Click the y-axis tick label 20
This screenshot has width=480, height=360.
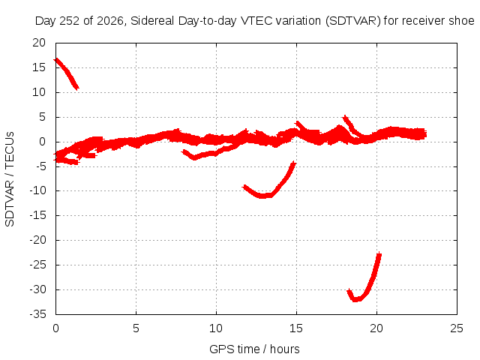pyautogui.click(x=39, y=43)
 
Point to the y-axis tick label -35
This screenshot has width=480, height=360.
pyautogui.click(x=37, y=314)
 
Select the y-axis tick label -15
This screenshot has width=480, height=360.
pyautogui.click(x=37, y=215)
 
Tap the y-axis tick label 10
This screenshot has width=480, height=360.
pyautogui.click(x=39, y=92)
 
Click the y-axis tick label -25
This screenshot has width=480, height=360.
pyautogui.click(x=37, y=265)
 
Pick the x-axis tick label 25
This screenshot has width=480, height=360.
pyautogui.click(x=457, y=328)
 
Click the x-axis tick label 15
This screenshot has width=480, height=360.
pyautogui.click(x=296, y=328)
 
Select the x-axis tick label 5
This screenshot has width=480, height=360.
pyautogui.click(x=136, y=328)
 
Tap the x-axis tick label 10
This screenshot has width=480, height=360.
pyautogui.click(x=216, y=328)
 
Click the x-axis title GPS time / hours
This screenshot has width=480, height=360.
pyautogui.click(x=254, y=349)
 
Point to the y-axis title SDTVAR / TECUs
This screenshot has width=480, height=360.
pyautogui.click(x=10, y=179)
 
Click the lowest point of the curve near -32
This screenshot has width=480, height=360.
pyautogui.click(x=356, y=300)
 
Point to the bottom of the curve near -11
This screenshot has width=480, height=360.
pyautogui.click(x=263, y=196)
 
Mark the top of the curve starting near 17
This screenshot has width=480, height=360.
pyautogui.click(x=56, y=60)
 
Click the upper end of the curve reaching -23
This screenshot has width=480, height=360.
pyautogui.click(x=379, y=253)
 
